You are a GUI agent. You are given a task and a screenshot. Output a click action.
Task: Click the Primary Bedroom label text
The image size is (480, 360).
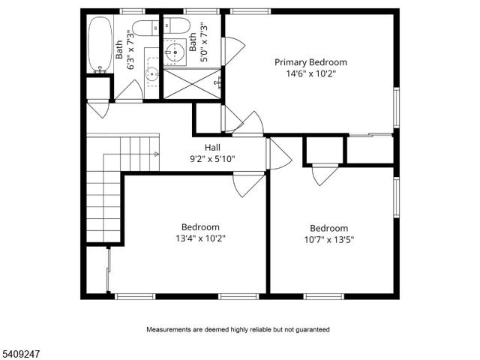pos(310,62)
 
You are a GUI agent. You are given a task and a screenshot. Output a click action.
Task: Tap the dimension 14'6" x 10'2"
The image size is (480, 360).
pos(310,74)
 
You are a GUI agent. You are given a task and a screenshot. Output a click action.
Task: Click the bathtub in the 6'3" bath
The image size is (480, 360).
pos(99,45)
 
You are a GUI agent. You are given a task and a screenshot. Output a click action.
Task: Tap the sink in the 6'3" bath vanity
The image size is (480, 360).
pos(150,73)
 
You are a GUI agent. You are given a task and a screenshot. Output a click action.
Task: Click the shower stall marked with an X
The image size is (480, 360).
pos(190,82)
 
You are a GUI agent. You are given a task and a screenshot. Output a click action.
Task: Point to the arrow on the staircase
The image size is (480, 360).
pos(155,152)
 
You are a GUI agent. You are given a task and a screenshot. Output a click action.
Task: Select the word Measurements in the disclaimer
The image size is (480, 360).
pos(170,329)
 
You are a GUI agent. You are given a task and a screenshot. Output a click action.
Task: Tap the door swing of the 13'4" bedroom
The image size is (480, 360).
pos(249,184)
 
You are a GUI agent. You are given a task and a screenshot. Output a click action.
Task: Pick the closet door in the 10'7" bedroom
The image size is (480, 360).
pos(325,174)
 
